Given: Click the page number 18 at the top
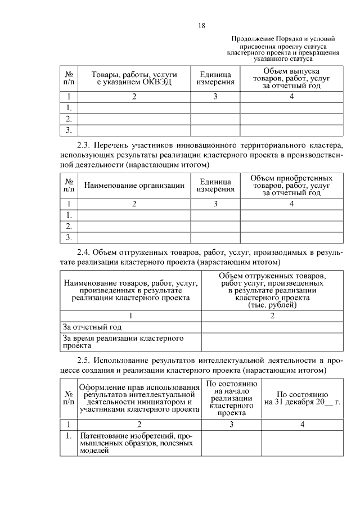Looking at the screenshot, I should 201,26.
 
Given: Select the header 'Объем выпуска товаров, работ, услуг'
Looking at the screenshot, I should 291,79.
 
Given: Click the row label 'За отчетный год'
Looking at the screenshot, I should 93,327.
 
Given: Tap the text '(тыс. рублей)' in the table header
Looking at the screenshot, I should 272,305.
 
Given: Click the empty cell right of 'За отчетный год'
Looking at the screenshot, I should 272,327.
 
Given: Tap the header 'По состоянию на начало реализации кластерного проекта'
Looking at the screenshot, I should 232,398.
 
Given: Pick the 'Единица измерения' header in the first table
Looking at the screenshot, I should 215,79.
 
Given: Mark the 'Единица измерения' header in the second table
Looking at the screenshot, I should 215,186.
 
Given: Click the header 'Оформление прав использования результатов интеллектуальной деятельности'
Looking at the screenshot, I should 139,399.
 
